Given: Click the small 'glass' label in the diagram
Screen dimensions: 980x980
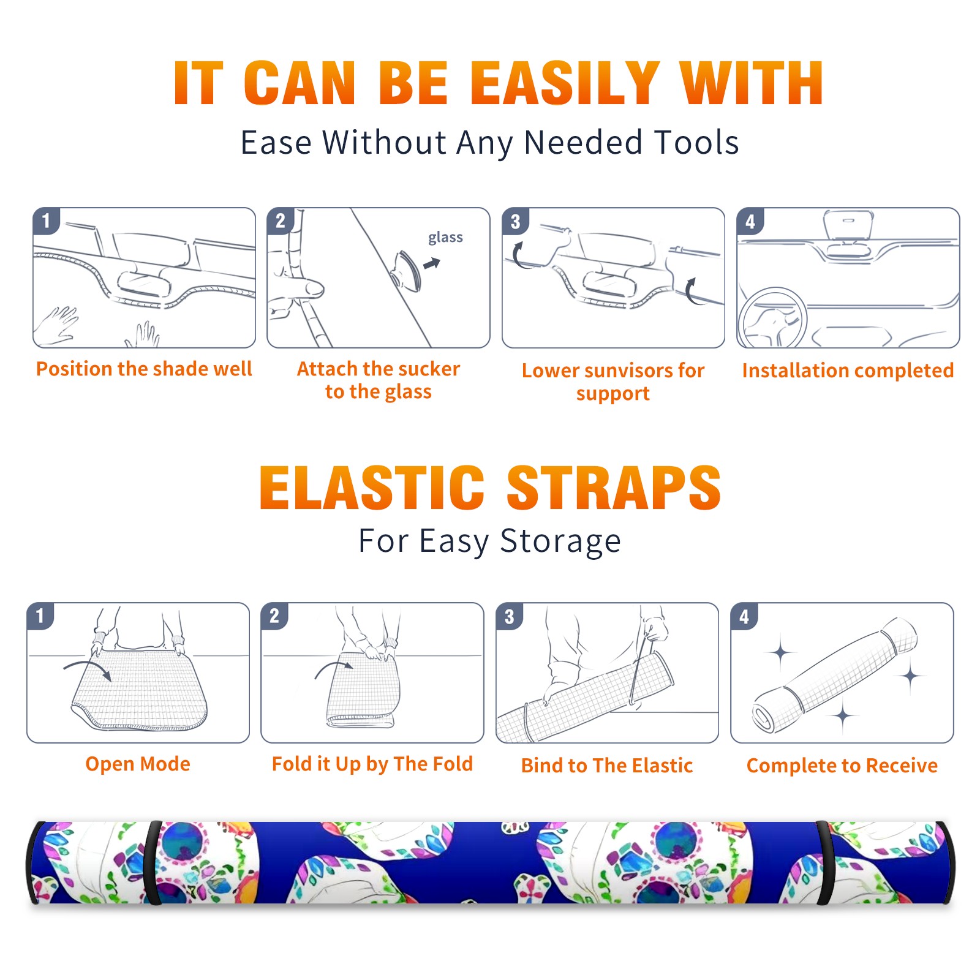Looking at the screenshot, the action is coord(445,238).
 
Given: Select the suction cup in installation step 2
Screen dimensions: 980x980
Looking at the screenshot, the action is coord(407,271).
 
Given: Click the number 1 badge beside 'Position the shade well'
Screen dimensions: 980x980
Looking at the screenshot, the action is coord(47,221).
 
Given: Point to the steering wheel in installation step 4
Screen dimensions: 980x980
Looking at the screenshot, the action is coord(772,318).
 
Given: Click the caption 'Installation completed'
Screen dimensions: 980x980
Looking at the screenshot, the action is coord(848,370).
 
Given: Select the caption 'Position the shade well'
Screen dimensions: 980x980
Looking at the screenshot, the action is coord(144,369).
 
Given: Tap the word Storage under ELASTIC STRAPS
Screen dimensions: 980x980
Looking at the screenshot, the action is coord(560,541).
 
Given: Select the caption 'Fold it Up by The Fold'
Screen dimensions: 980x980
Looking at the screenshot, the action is coord(372,764).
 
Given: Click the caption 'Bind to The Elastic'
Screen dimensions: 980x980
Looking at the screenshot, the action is coord(607,766).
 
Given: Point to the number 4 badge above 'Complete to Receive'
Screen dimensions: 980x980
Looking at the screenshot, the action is coord(744,616).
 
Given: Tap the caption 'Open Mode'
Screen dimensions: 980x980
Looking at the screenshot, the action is coord(138,764).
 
